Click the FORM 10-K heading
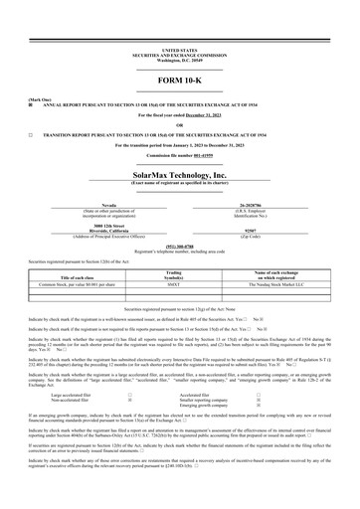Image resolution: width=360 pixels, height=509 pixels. point(180,78)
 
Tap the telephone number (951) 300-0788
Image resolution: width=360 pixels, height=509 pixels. point(180,246)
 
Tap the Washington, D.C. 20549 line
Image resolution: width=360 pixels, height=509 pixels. point(180,59)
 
